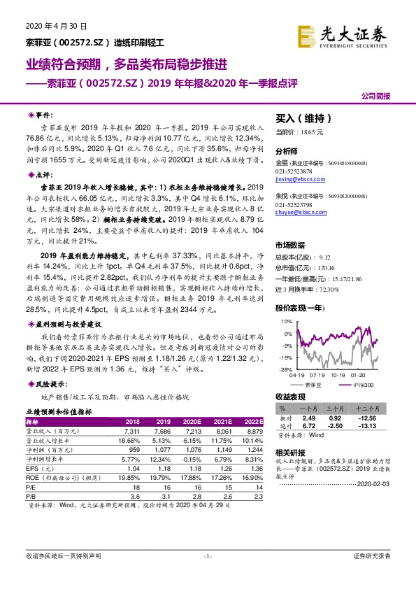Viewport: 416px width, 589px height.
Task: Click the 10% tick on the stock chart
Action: pyautogui.click(x=285, y=322)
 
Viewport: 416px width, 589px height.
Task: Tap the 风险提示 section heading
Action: pyautogui.click(x=51, y=385)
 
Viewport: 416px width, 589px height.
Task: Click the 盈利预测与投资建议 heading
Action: pyautogui.click(x=69, y=325)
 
